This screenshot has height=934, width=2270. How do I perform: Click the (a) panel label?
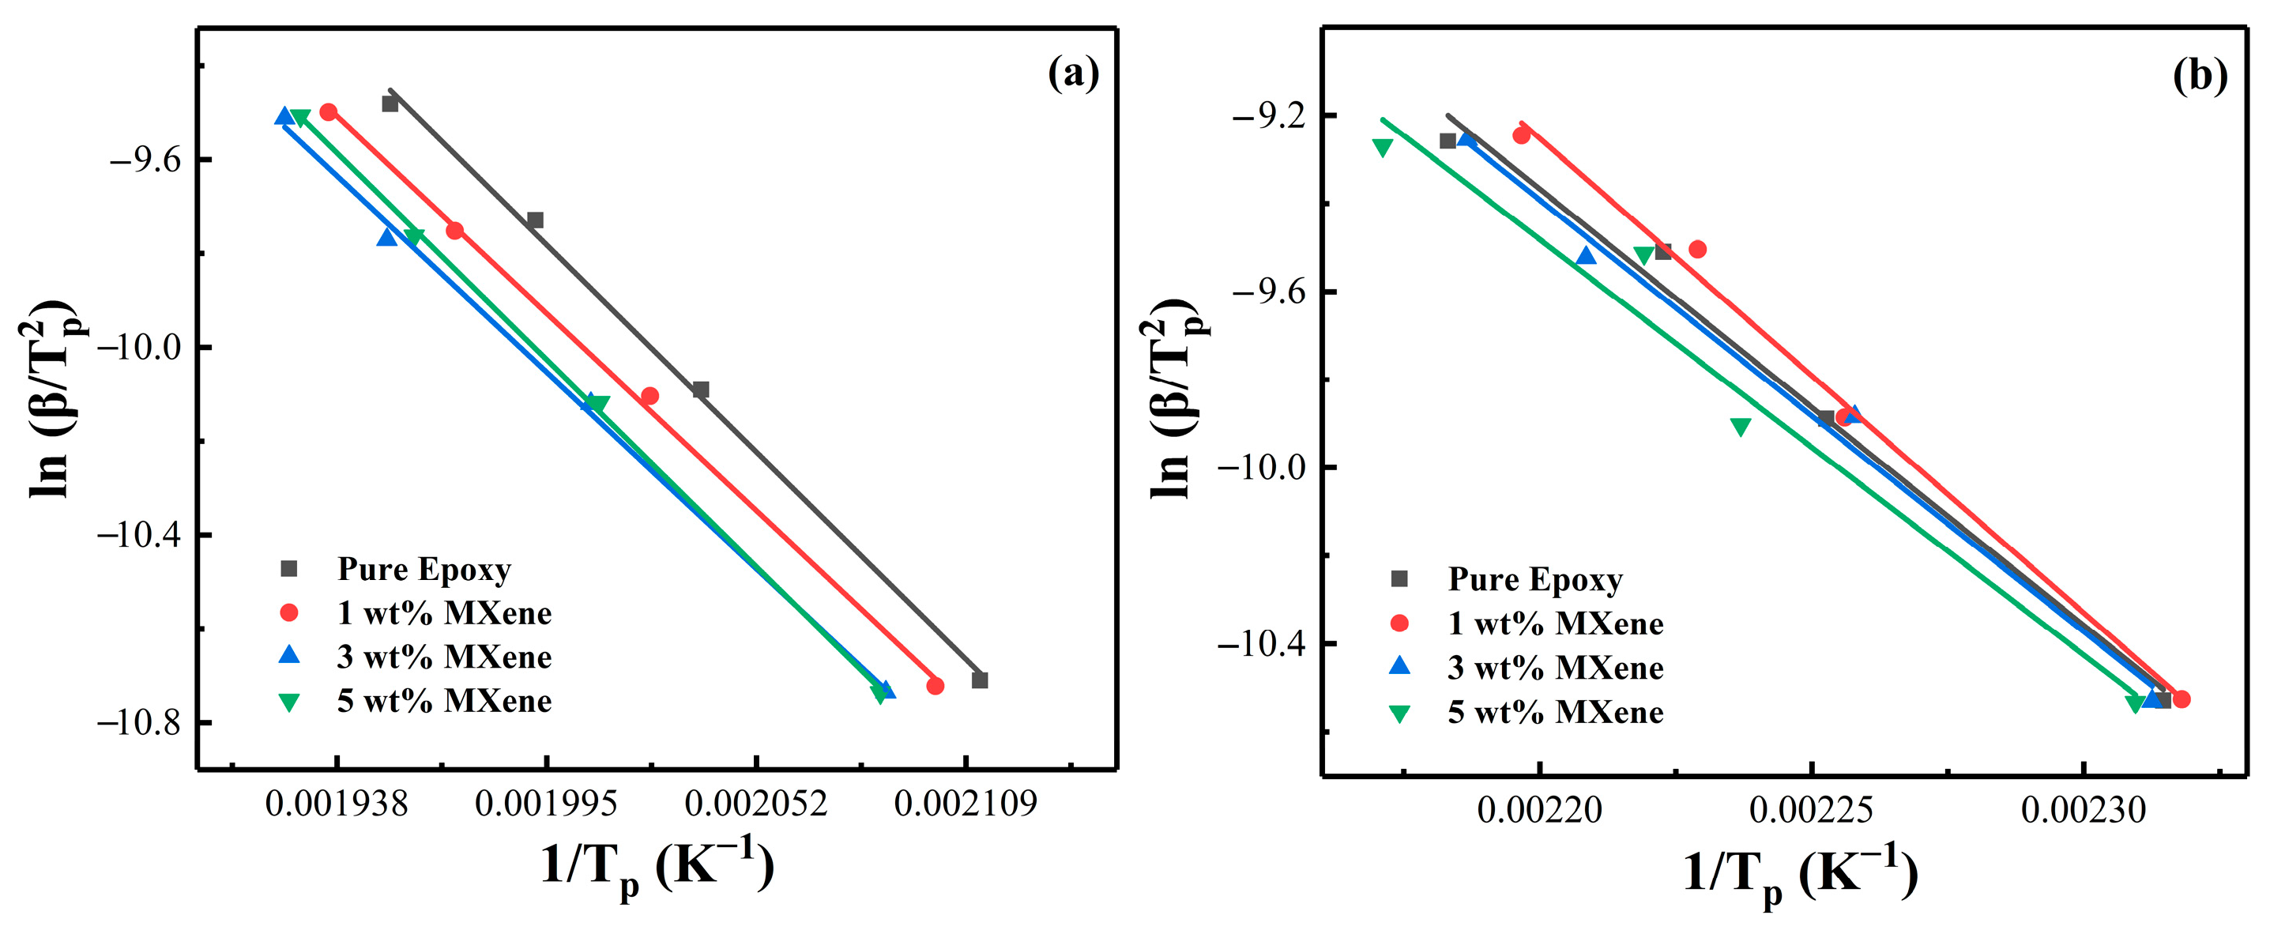1073,74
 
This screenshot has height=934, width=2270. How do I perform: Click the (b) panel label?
2200,77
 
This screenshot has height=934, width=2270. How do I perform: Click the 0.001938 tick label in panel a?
336,804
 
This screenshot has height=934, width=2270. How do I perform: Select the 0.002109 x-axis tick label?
966,804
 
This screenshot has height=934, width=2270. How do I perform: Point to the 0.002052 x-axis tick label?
756,804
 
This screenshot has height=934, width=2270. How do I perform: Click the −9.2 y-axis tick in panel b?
1266,115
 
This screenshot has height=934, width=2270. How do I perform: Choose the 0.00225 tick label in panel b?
1811,810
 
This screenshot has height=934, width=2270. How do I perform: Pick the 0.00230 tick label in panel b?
2084,810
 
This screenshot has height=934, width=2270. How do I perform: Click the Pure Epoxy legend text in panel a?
424,569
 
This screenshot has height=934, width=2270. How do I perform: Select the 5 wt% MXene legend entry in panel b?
1555,712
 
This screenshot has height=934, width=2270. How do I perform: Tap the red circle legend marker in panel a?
289,612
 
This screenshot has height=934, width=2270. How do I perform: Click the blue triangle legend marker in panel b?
1399,667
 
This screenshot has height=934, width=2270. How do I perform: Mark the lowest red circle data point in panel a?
935,686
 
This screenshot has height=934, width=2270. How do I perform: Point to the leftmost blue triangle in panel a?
284,116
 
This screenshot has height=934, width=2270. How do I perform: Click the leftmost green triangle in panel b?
1383,148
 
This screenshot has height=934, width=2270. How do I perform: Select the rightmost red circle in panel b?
2182,699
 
